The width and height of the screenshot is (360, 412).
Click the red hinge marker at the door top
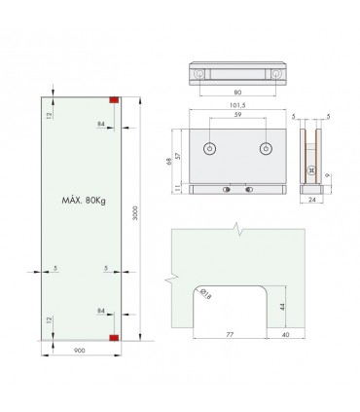(x=114, y=100)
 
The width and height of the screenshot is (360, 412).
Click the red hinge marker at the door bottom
(x=114, y=338)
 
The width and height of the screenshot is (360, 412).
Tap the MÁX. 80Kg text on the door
(x=84, y=201)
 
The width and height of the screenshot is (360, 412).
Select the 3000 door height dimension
(x=135, y=213)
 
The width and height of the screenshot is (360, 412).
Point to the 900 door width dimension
(x=80, y=351)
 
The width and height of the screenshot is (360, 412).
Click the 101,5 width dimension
(x=237, y=105)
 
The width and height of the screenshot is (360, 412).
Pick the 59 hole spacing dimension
(x=237, y=114)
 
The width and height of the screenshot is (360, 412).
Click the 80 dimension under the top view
(x=237, y=93)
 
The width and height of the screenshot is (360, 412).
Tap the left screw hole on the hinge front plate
(x=210, y=149)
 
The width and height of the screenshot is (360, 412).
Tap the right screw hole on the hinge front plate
(x=266, y=149)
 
